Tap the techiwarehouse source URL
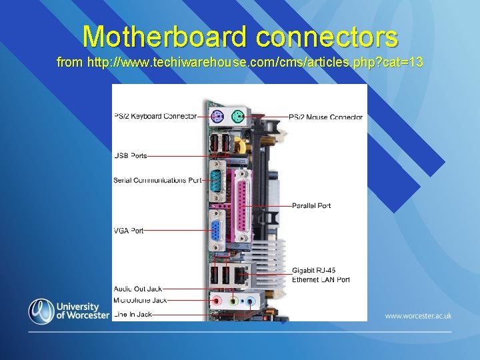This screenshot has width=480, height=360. click(240, 63)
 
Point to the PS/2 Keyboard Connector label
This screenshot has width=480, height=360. click(155, 116)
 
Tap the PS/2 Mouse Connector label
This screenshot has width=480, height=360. click(326, 117)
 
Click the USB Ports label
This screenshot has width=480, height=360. click(131, 156)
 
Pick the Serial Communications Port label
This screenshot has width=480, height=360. click(157, 180)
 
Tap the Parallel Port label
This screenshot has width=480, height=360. click(311, 205)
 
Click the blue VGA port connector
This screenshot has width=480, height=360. click(217, 231)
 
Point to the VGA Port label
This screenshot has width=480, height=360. click(129, 231)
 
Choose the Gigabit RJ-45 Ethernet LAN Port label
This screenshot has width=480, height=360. click(321, 275)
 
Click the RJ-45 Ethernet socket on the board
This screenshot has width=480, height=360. click(243, 273)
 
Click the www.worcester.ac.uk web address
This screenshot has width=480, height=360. click(418, 315)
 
